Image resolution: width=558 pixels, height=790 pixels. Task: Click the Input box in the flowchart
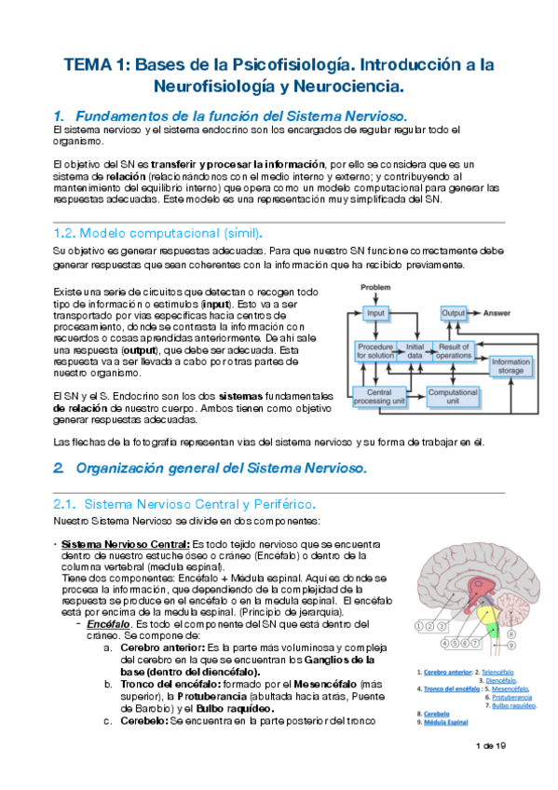375,314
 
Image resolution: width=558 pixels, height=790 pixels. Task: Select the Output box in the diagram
454,314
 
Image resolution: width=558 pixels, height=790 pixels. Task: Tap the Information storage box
510,366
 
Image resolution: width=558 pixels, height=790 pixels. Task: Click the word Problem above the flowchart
375,287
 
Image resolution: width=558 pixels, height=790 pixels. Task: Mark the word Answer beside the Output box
500,314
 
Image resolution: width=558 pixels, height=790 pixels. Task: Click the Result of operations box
454,350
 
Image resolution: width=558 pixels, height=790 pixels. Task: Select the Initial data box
415,350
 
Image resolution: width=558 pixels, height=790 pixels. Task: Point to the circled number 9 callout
510,643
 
